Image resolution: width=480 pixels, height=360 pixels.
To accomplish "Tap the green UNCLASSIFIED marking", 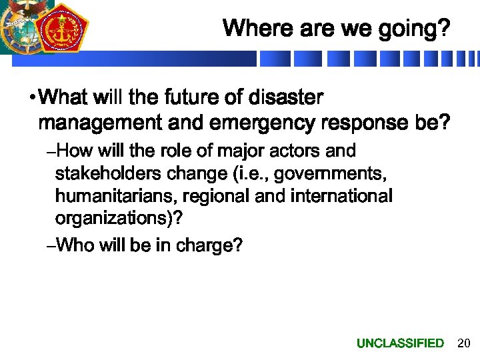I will [400, 343].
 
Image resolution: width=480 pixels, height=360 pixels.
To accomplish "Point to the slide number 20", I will [464, 343].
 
